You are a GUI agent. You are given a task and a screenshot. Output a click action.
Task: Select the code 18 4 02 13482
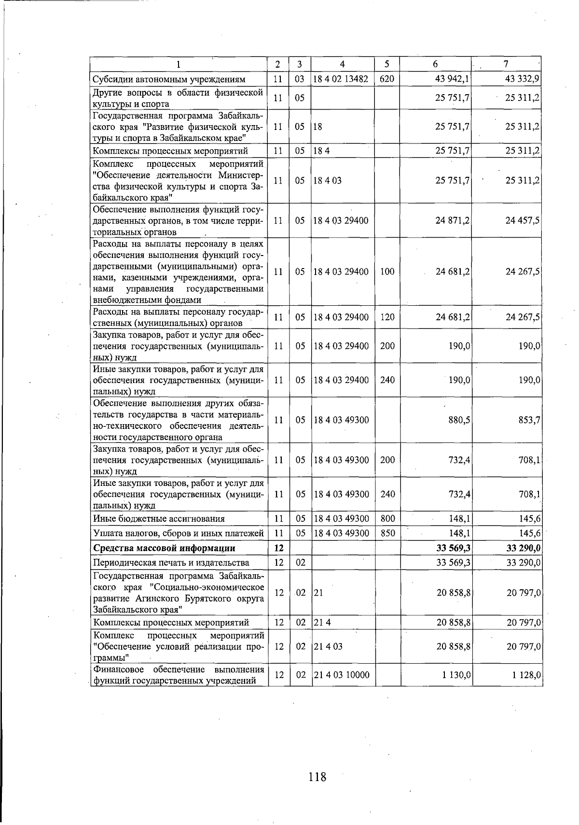pyautogui.click(x=341, y=79)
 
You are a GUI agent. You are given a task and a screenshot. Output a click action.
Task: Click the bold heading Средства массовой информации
pyautogui.click(x=164, y=548)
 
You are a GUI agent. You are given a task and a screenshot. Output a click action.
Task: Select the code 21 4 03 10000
pyautogui.click(x=342, y=675)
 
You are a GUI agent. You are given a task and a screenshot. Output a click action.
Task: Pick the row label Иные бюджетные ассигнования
pyautogui.click(x=159, y=519)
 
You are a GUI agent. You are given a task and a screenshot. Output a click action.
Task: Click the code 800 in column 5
pyautogui.click(x=387, y=519)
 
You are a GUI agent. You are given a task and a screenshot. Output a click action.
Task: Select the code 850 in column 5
pyautogui.click(x=387, y=533)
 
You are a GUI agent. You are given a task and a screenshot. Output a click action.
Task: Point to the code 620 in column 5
pyautogui.click(x=387, y=79)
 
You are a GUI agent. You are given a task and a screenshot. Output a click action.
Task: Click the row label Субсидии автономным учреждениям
pyautogui.click(x=169, y=79)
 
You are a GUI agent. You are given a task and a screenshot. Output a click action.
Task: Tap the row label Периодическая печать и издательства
pyautogui.click(x=171, y=563)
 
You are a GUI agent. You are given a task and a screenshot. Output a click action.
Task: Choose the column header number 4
pyautogui.click(x=342, y=64)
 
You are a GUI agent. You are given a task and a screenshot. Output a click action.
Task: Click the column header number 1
pyautogui.click(x=179, y=64)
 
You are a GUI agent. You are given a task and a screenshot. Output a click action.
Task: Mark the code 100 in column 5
pyautogui.click(x=387, y=271)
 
